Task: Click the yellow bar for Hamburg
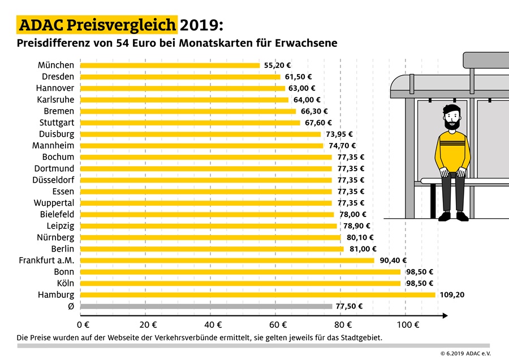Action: [x=258, y=295]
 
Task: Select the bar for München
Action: [x=170, y=66]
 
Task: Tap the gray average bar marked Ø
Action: [x=206, y=306]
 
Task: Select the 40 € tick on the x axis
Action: [x=213, y=325]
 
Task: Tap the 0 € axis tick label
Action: [x=83, y=325]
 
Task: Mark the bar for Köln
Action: [x=240, y=283]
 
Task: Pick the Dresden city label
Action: [x=58, y=77]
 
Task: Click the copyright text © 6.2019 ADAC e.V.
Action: [x=465, y=353]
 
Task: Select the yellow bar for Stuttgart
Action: [x=191, y=123]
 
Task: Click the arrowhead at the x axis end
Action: [x=447, y=314]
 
